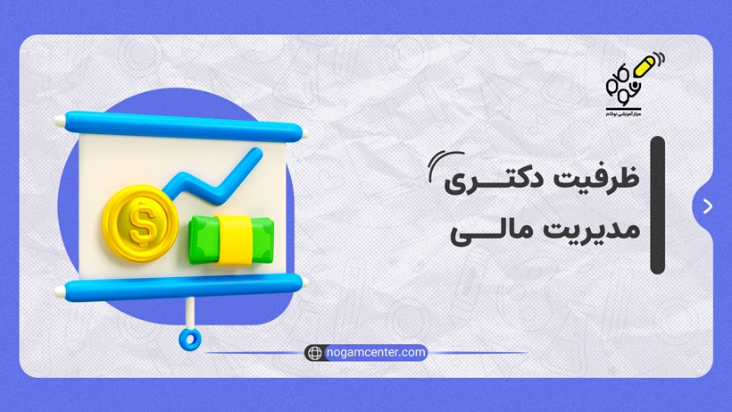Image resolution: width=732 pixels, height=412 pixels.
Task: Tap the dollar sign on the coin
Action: point(141,224)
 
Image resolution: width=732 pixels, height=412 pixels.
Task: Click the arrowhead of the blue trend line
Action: point(254,158)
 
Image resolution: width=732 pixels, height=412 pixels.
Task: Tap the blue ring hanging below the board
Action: point(188,338)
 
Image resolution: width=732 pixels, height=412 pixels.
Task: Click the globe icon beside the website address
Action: point(314,352)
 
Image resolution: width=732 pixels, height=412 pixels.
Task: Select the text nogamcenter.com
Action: point(375,352)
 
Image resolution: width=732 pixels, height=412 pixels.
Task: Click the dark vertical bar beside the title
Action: point(658,205)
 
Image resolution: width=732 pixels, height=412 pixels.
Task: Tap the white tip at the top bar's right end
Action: point(303,137)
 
